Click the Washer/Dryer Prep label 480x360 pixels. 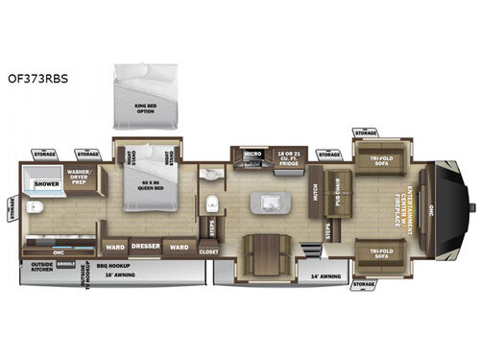pyautogui.click(x=79, y=178)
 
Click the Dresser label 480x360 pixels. pyautogui.click(x=145, y=246)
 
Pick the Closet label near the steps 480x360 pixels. pyautogui.click(x=210, y=252)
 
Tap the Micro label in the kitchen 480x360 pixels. pyautogui.click(x=252, y=153)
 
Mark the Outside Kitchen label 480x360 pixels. pyautogui.click(x=41, y=268)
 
